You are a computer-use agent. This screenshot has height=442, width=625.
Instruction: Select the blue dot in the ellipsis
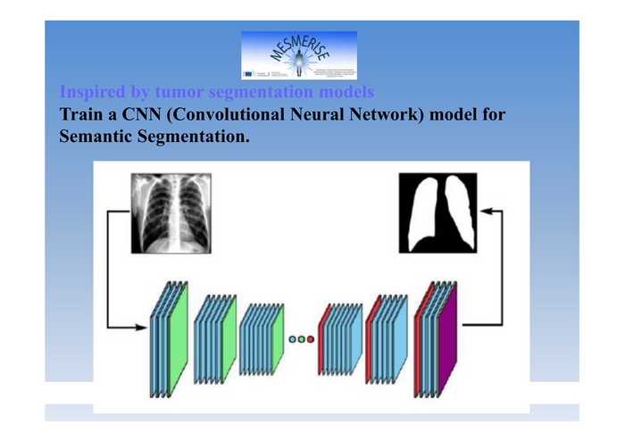click(x=294, y=339)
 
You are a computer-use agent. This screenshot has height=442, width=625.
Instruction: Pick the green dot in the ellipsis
click(x=303, y=339)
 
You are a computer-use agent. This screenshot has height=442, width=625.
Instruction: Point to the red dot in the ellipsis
click(x=312, y=339)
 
